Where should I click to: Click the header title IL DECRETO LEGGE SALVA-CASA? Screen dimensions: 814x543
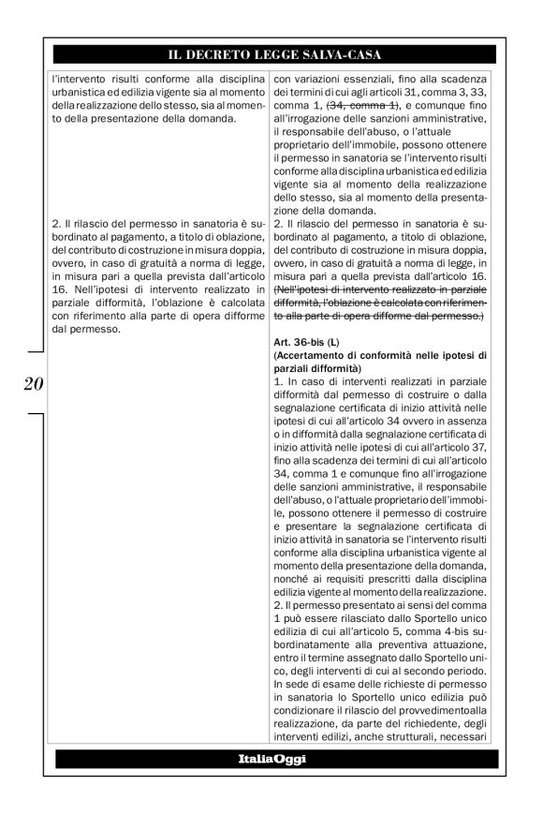[x=271, y=53]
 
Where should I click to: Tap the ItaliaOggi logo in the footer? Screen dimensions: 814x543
[x=271, y=760]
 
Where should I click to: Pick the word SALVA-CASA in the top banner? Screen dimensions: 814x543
[x=335, y=53]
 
